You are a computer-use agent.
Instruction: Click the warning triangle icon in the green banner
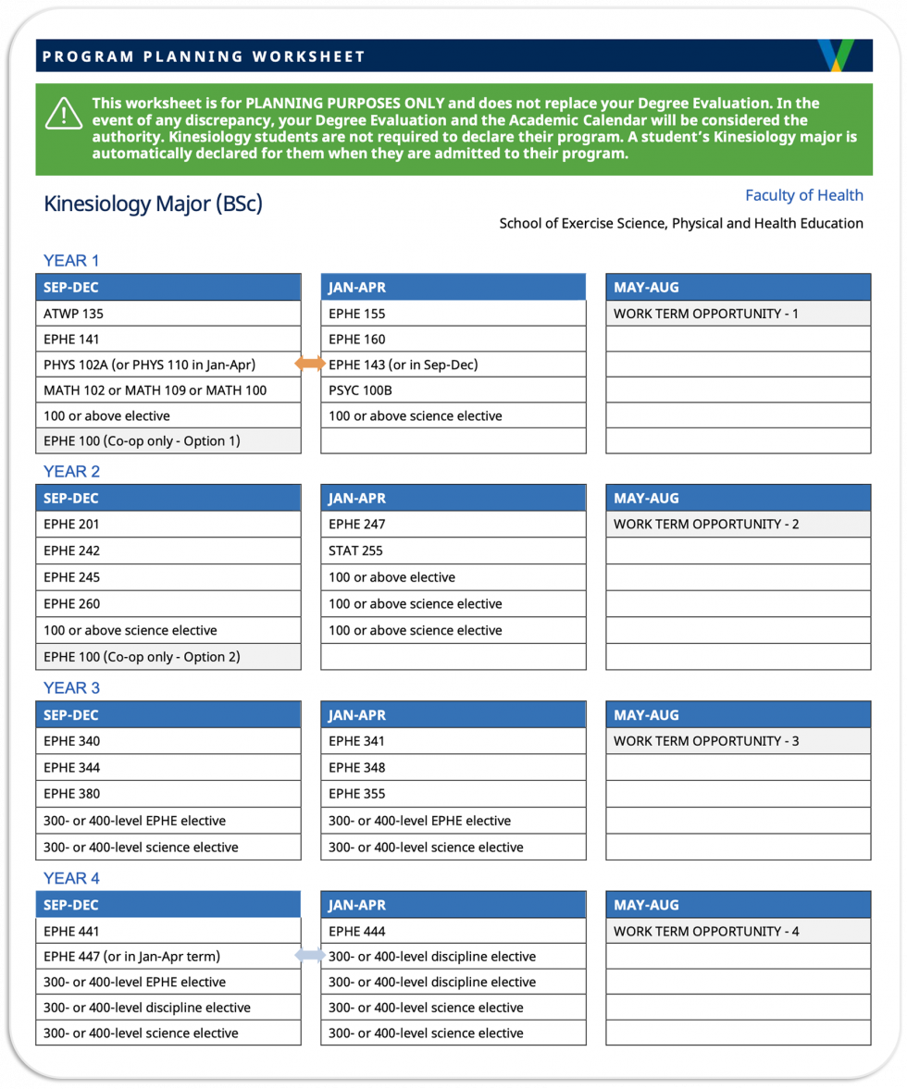click(x=63, y=113)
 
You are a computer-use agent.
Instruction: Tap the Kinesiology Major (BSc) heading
click(x=153, y=204)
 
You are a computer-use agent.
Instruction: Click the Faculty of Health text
click(x=803, y=195)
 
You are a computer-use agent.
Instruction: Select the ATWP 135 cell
click(x=168, y=314)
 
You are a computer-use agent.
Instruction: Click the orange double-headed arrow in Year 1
click(x=310, y=364)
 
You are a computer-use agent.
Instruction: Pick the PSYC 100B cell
click(x=453, y=390)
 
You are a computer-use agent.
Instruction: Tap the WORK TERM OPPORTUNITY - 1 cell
click(x=738, y=314)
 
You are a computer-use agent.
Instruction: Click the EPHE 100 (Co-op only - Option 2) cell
click(x=168, y=657)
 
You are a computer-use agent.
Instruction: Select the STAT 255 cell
click(x=453, y=551)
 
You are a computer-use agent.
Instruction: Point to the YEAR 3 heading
click(x=71, y=687)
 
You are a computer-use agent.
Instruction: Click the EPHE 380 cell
click(x=168, y=794)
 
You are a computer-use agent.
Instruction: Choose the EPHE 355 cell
click(x=453, y=794)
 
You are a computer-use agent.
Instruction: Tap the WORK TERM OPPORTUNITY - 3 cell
click(x=738, y=741)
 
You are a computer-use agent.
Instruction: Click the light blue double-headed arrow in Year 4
click(x=310, y=956)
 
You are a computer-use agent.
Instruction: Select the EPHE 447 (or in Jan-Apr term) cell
click(x=168, y=957)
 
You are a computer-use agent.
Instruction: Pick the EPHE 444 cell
click(x=453, y=931)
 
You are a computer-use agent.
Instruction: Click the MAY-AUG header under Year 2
click(x=738, y=498)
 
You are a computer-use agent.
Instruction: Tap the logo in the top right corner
click(x=835, y=56)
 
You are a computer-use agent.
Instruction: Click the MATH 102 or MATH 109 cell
click(x=168, y=390)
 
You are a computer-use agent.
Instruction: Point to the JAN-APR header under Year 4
click(x=453, y=905)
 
